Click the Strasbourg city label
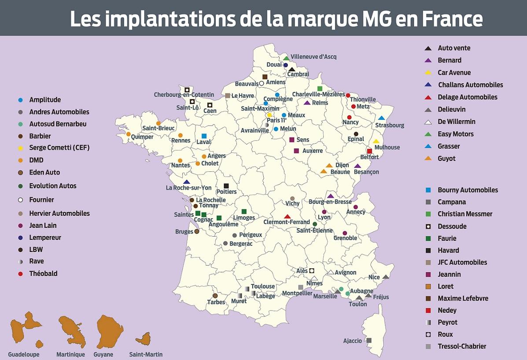pyautogui.click(x=390, y=125)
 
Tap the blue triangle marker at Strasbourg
pyautogui.click(x=381, y=118)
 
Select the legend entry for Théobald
pyautogui.click(x=43, y=274)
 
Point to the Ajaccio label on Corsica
pyautogui.click(x=352, y=341)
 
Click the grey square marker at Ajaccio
pyautogui.click(x=369, y=340)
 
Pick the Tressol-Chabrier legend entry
pyautogui.click(x=462, y=346)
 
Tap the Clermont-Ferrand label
pyautogui.click(x=287, y=222)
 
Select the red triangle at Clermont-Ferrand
pyautogui.click(x=287, y=216)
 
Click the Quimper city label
pyautogui.click(x=142, y=137)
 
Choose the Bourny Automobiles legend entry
pyautogui.click(x=468, y=190)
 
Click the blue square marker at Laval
pyautogui.click(x=204, y=136)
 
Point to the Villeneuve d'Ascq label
pyautogui.click(x=313, y=56)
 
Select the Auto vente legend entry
pyautogui.click(x=454, y=48)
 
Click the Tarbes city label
pyautogui.click(x=216, y=302)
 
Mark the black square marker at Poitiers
pyautogui.click(x=226, y=186)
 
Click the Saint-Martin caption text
pyautogui.click(x=145, y=354)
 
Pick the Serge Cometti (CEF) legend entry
pyautogui.click(x=59, y=148)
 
